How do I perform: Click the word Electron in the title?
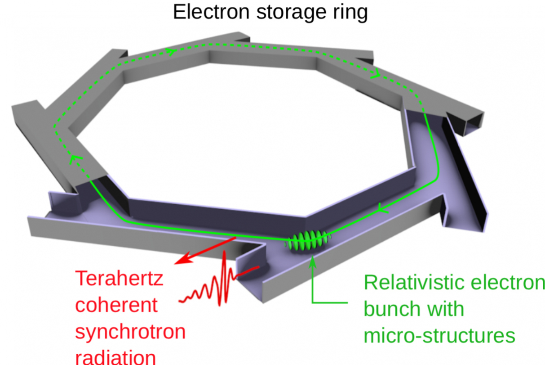point(211,12)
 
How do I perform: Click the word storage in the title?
point(291,13)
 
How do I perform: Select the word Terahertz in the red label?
point(119,279)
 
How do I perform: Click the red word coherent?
point(116,305)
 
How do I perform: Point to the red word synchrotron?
point(130,332)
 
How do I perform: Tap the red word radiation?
point(115,357)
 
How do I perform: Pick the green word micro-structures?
point(439,336)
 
